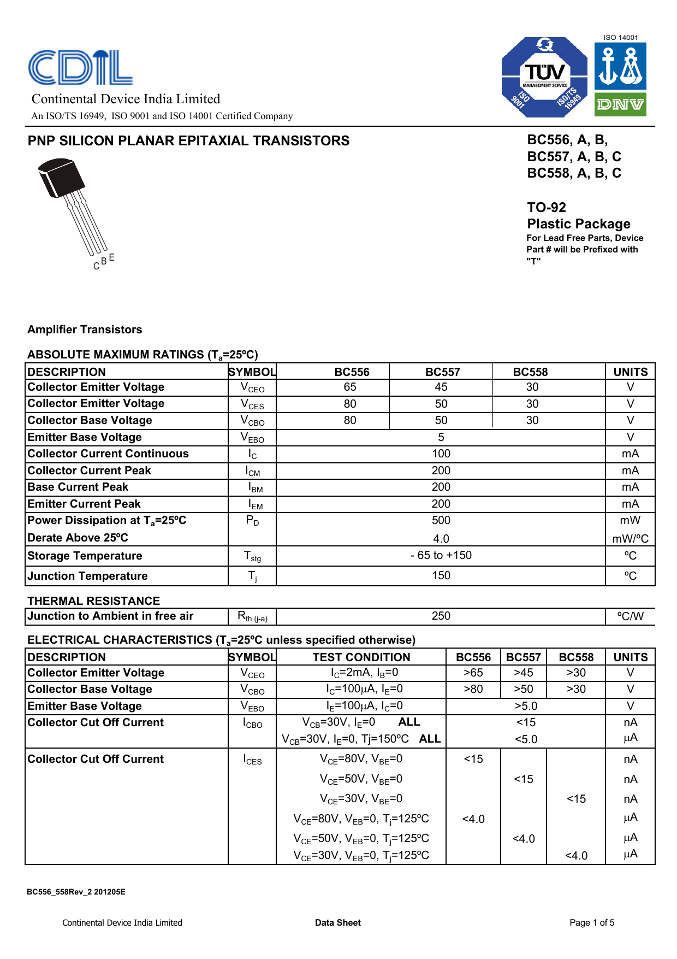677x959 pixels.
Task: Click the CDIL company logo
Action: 80,67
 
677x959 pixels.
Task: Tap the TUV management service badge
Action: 544,77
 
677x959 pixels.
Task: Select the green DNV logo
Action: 620,104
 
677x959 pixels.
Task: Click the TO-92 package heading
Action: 547,208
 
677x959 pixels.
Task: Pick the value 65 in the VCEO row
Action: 350,387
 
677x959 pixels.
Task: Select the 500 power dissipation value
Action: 441,520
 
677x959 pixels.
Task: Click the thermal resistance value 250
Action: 441,616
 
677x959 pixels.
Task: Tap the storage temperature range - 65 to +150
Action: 441,555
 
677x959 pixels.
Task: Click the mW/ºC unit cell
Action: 630,539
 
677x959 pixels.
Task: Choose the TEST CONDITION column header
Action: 361,657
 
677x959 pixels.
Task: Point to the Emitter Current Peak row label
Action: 84,504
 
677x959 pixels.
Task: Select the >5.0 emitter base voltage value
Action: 526,706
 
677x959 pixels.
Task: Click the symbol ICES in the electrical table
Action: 252,760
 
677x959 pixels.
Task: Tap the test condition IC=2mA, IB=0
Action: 364,673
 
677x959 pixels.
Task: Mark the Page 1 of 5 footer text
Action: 592,922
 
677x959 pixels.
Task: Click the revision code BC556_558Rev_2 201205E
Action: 76,892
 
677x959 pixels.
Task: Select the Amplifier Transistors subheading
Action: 85,330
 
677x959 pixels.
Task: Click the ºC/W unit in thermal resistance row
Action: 630,616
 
